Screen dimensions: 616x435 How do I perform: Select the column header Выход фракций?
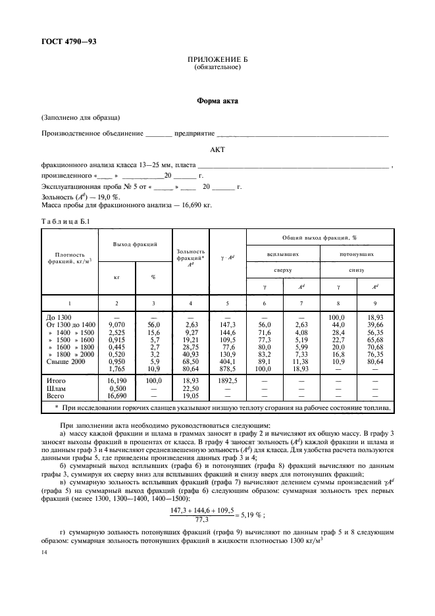click(x=135, y=244)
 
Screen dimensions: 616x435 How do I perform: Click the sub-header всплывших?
click(x=283, y=253)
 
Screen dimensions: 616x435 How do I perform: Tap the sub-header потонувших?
click(x=357, y=253)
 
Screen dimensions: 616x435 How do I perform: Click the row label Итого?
click(x=56, y=380)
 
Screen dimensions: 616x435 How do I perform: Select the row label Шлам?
click(x=56, y=387)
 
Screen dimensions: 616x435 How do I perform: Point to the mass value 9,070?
click(x=116, y=324)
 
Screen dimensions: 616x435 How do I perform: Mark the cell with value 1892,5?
click(x=227, y=380)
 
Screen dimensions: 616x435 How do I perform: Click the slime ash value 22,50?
click(x=190, y=387)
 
